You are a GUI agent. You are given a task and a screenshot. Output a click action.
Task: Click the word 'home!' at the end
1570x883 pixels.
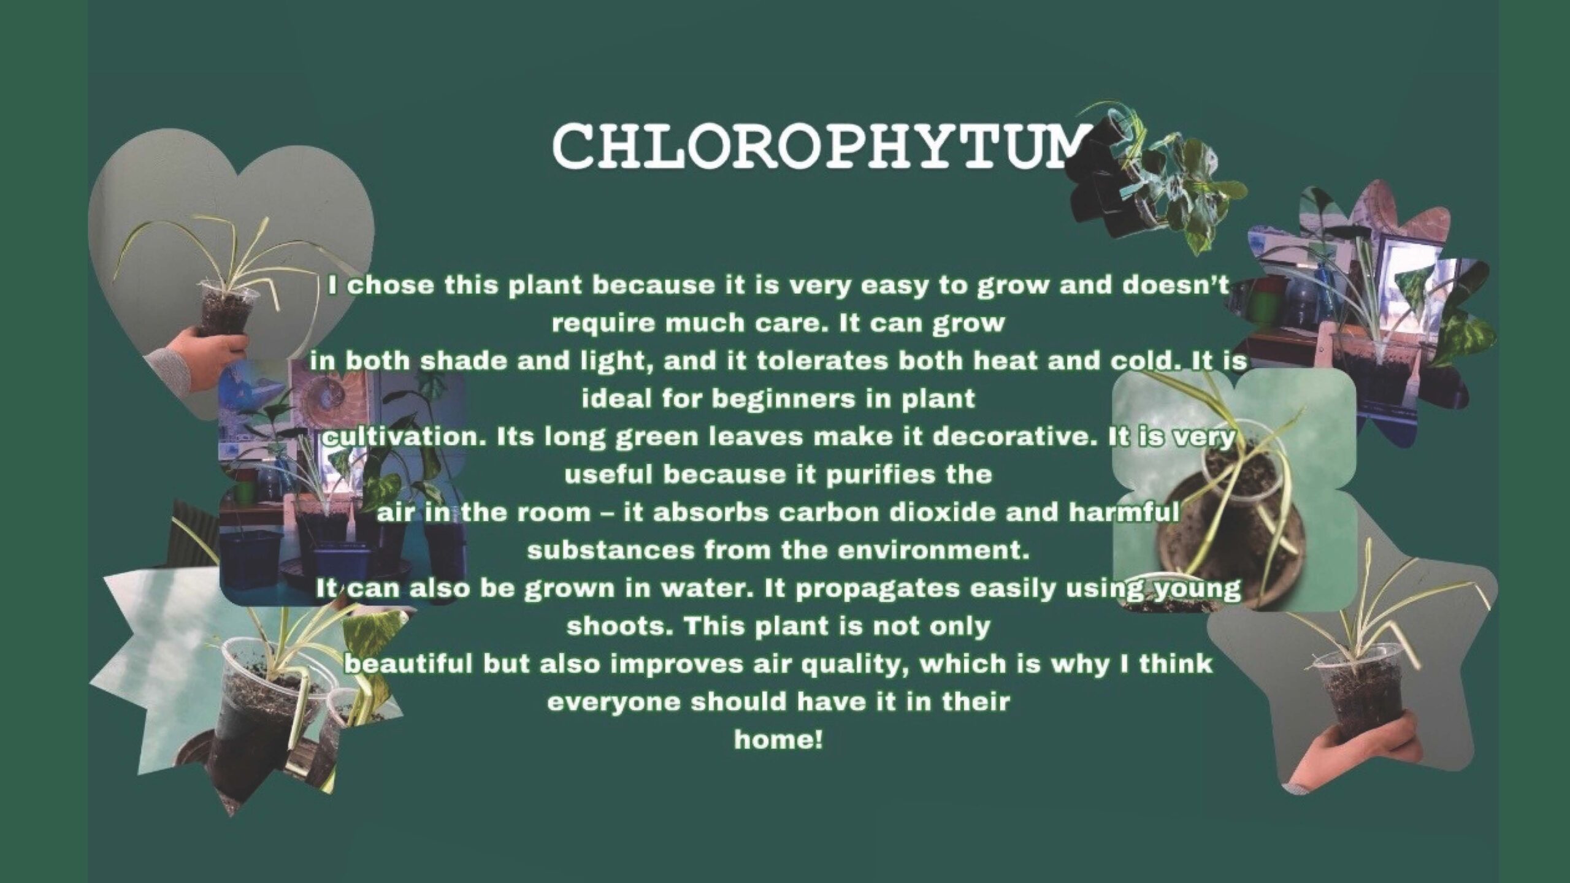(x=778, y=740)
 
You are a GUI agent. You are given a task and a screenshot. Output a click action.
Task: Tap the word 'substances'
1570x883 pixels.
(x=610, y=551)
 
